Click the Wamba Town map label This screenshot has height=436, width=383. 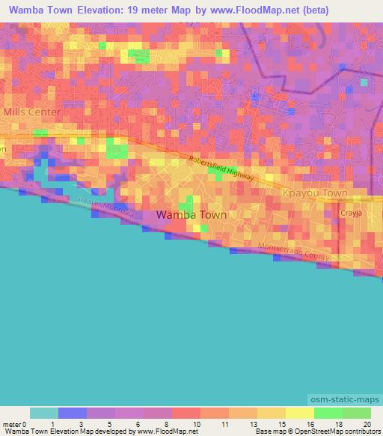pos(191,215)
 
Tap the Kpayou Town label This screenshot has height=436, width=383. pos(314,193)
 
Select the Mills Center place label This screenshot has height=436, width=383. pos(32,112)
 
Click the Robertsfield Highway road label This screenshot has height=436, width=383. pos(222,169)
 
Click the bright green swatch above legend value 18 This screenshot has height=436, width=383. pos(328,413)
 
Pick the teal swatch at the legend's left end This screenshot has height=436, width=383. pos(44,413)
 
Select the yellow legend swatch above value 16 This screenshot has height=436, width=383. pos(300,413)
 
